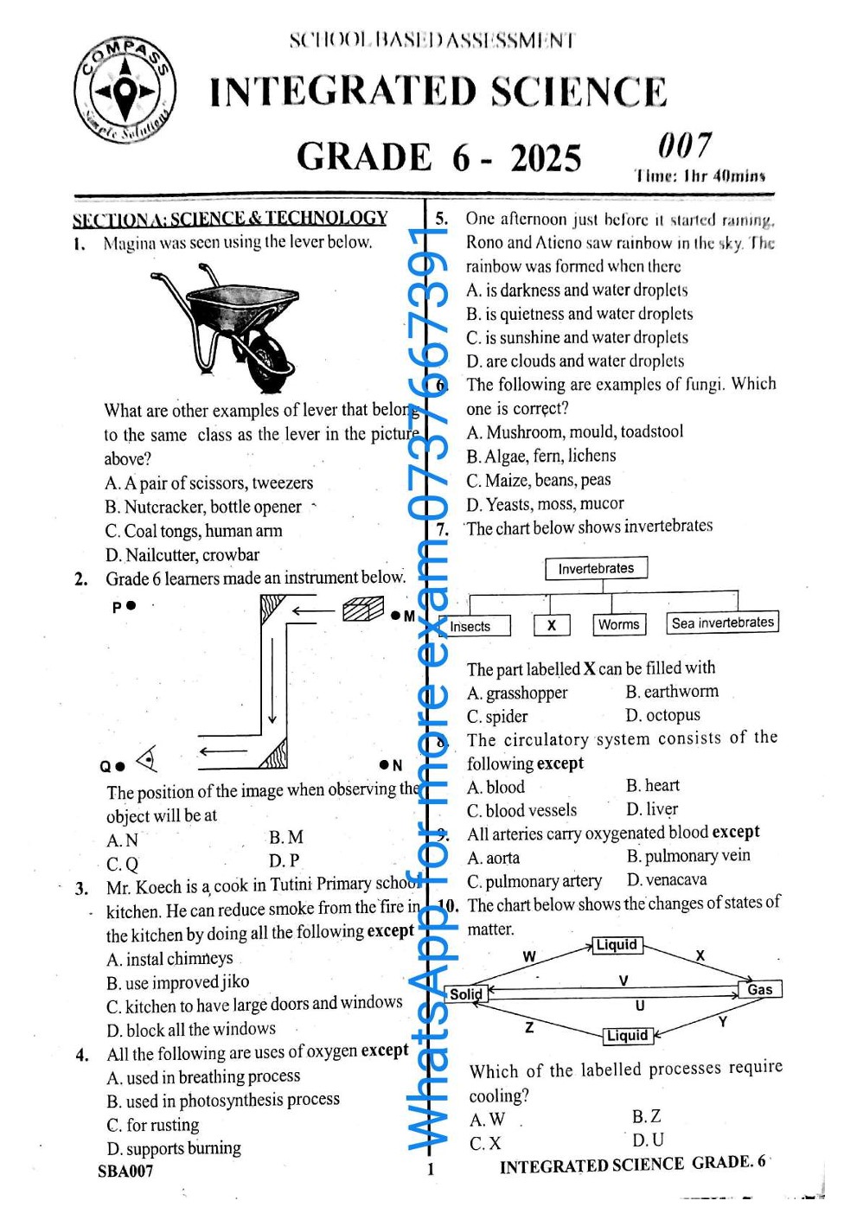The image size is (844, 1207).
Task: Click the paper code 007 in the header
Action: tap(684, 145)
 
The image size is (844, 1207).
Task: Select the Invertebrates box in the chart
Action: tap(596, 568)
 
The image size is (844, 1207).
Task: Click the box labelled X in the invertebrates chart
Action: tap(551, 625)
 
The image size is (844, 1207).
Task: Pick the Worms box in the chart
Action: tap(618, 624)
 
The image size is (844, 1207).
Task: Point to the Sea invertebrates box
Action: tap(722, 623)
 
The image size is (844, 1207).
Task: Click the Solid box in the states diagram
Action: tap(468, 994)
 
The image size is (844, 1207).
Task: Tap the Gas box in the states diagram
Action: tap(760, 989)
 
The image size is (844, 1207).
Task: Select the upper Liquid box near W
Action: tap(617, 945)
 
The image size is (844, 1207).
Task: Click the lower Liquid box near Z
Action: tap(627, 1035)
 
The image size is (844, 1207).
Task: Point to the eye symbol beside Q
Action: tap(148, 760)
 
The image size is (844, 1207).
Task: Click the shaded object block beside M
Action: tap(362, 610)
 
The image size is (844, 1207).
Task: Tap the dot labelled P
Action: tap(131, 606)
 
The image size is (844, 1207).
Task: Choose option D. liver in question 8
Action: tap(652, 809)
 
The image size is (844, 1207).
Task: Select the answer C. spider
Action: tap(497, 717)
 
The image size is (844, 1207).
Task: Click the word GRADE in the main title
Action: tap(363, 157)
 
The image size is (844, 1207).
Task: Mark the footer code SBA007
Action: tap(125, 1172)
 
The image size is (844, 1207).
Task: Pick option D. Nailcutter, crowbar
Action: tap(182, 555)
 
